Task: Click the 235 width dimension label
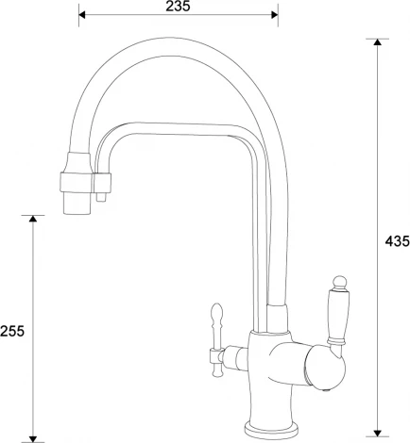point(179,7)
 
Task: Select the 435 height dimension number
point(397,241)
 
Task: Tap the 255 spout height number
point(12,331)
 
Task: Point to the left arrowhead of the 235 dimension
point(83,16)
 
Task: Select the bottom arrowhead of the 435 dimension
point(378,435)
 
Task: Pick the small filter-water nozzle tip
point(101,198)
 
